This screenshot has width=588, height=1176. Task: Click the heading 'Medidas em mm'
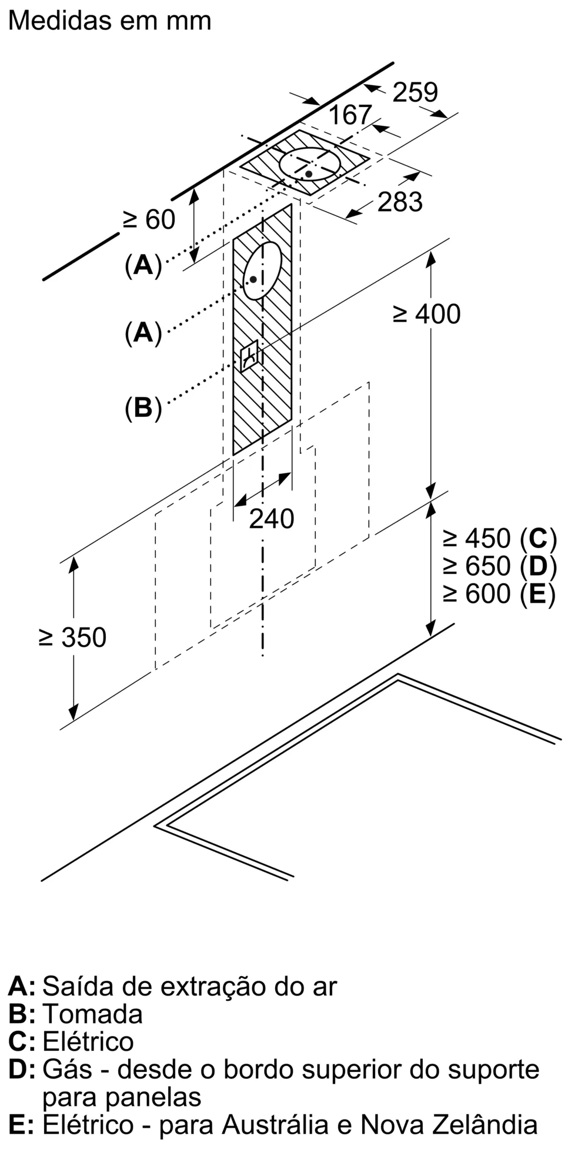pos(110,21)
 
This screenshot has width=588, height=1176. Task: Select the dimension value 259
pos(415,92)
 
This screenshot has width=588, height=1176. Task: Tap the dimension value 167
pos(350,115)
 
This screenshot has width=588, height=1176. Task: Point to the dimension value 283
pos(400,202)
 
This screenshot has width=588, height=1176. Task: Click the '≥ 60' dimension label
pos(149,220)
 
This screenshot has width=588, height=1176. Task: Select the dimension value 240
pos(271,519)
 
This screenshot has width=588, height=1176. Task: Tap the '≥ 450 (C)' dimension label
pos(500,538)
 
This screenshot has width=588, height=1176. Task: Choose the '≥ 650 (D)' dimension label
pos(500,566)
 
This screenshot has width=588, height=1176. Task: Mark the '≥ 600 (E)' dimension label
pos(500,593)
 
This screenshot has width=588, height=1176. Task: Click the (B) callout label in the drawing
pos(143,407)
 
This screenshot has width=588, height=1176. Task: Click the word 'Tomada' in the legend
pos(93,1014)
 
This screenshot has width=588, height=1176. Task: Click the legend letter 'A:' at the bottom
pos(22,986)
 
